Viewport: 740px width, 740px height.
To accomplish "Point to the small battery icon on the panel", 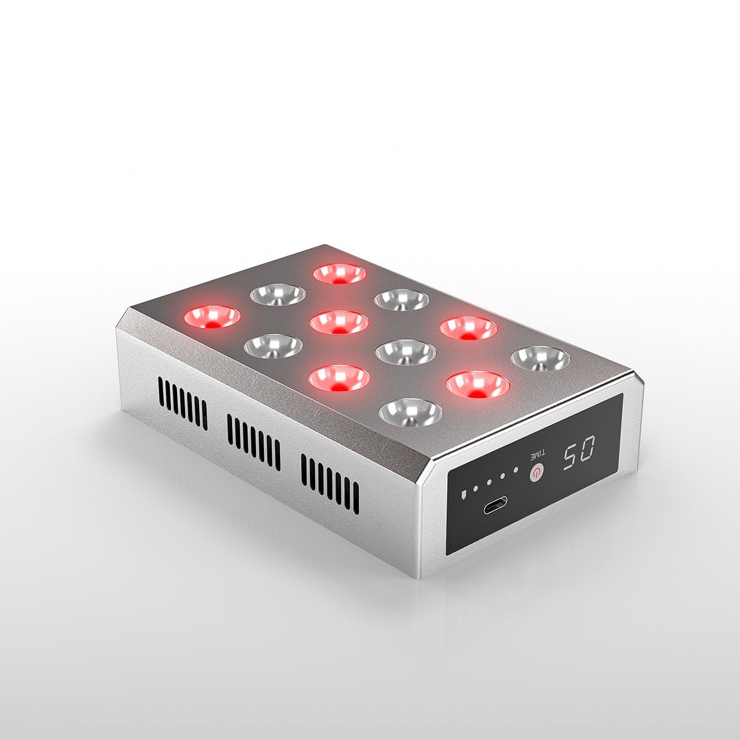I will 463,494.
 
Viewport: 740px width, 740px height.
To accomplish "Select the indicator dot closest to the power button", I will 516,471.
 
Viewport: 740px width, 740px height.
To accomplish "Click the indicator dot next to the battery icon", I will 475,490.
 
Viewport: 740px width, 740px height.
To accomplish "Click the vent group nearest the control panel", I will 330,485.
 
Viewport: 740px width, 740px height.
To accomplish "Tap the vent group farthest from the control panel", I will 183,403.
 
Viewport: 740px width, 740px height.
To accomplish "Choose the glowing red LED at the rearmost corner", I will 340,273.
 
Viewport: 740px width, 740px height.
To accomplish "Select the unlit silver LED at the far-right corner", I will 541,358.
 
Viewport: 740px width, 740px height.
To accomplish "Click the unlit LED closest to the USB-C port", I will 410,411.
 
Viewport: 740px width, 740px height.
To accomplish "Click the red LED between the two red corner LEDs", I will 339,321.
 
